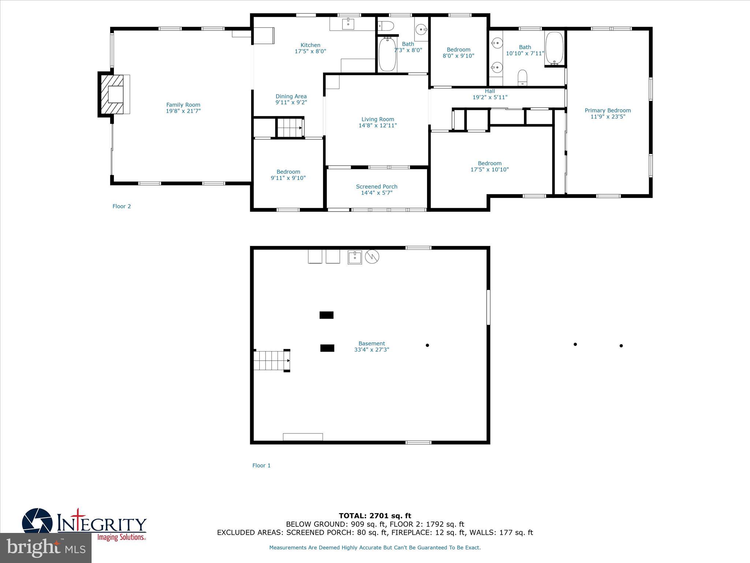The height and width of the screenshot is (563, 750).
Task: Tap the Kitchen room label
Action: click(x=310, y=45)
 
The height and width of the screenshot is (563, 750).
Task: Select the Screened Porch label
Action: click(x=376, y=187)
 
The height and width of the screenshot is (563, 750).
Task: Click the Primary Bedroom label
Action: click(x=608, y=110)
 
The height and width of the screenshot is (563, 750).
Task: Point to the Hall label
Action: click(x=490, y=91)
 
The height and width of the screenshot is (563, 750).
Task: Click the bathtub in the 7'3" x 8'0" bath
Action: click(x=387, y=55)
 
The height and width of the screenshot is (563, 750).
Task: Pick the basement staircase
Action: click(x=271, y=360)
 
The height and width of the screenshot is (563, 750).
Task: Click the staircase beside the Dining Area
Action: click(x=289, y=128)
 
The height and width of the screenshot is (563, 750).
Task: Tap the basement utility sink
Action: click(x=354, y=257)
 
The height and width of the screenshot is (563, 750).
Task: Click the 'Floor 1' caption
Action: click(x=261, y=466)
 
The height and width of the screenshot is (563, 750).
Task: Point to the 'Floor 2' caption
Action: click(x=122, y=206)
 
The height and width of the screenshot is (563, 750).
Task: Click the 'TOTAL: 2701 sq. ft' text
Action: click(x=375, y=516)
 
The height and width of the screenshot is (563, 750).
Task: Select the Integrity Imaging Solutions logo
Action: click(x=84, y=524)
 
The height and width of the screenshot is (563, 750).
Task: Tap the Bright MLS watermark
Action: click(x=46, y=548)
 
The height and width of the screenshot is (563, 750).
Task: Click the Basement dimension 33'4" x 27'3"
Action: click(x=371, y=350)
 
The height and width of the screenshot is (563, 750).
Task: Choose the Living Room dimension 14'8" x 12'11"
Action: click(x=378, y=125)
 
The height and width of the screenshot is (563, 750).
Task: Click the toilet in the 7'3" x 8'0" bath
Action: click(x=386, y=26)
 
